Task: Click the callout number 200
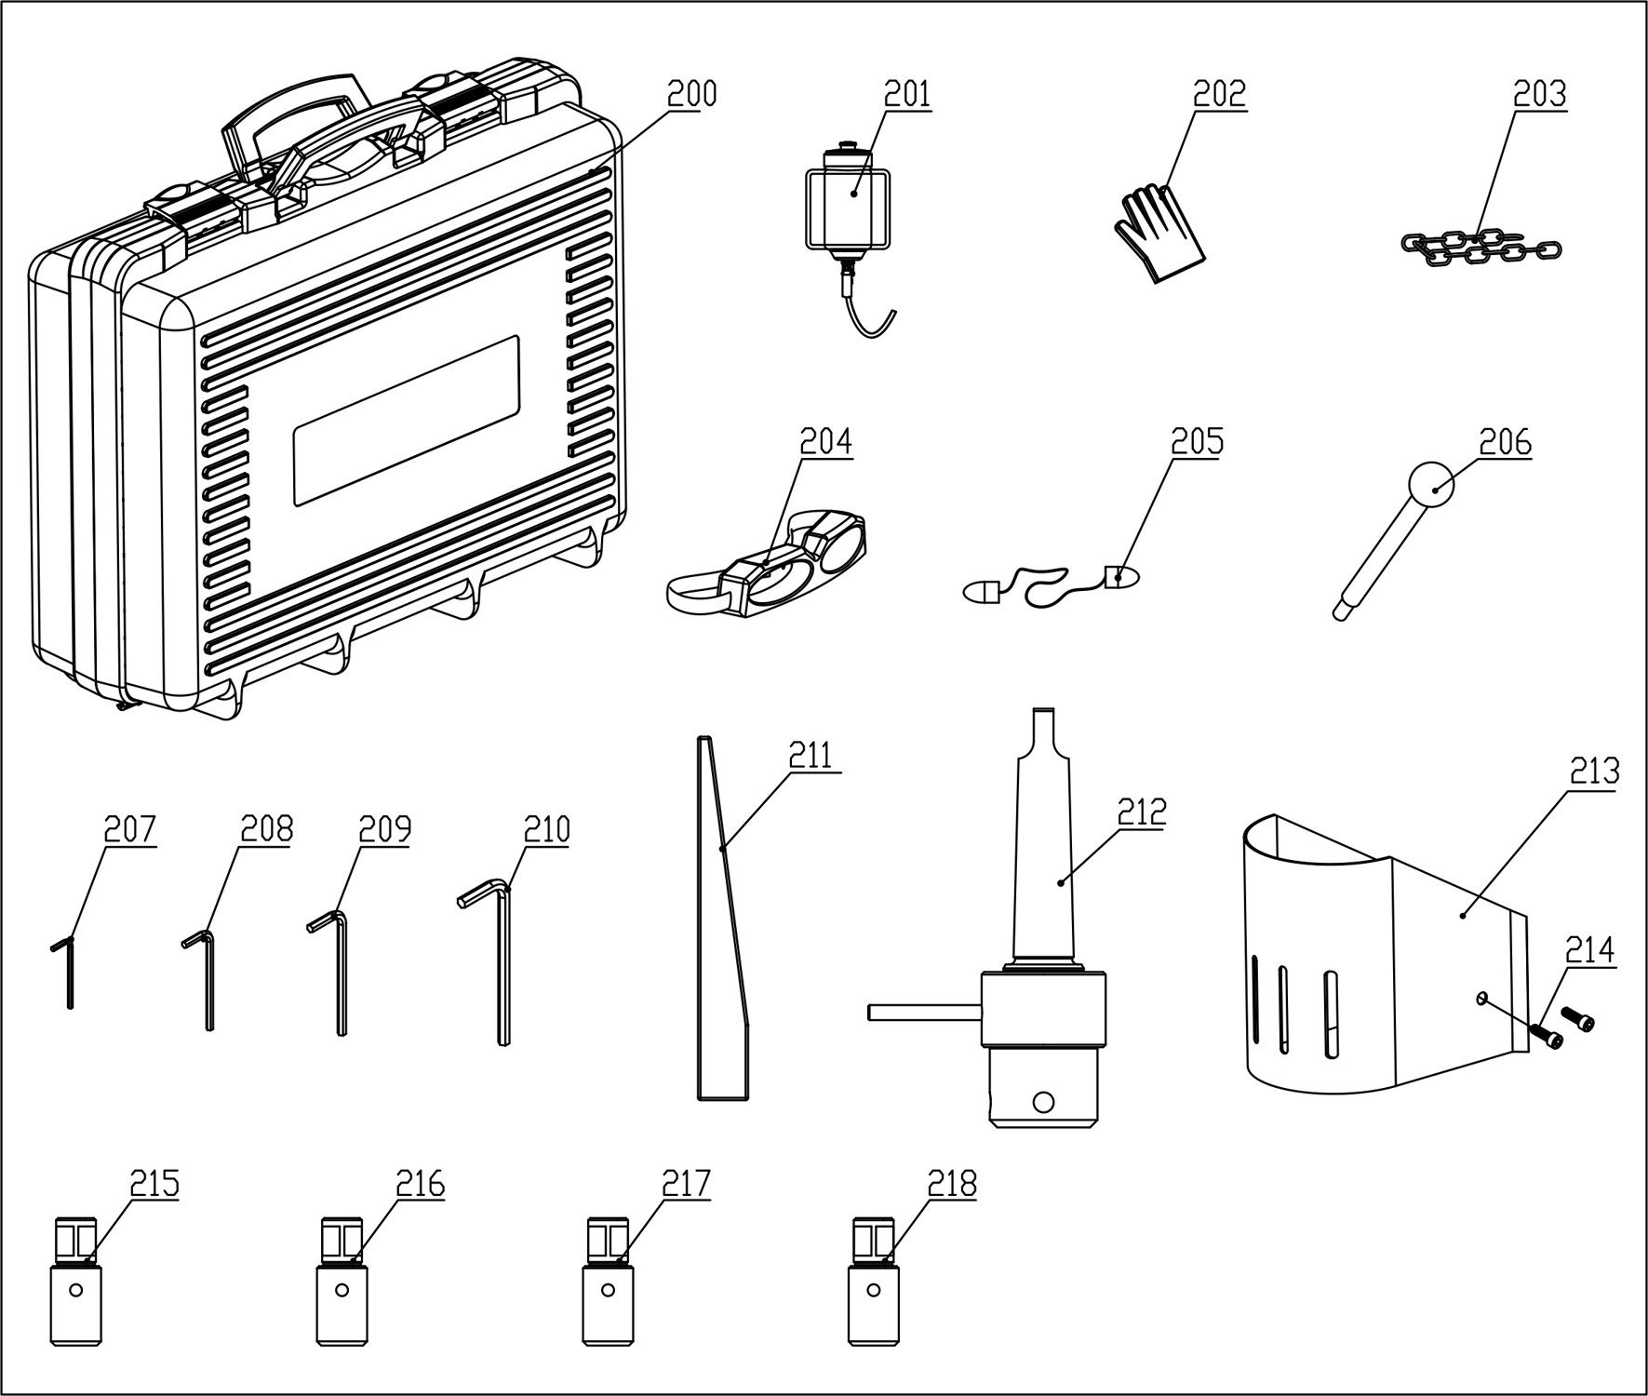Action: pyautogui.click(x=691, y=94)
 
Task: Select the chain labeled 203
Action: pyautogui.click(x=1481, y=248)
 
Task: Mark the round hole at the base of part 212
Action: pyautogui.click(x=1043, y=1101)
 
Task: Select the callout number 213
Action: pyautogui.click(x=1594, y=772)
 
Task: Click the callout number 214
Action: pyautogui.click(x=1589, y=950)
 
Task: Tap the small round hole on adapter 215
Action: pyautogui.click(x=75, y=1291)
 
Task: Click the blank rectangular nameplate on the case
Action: pyautogui.click(x=406, y=421)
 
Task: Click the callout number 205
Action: pyautogui.click(x=1197, y=442)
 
